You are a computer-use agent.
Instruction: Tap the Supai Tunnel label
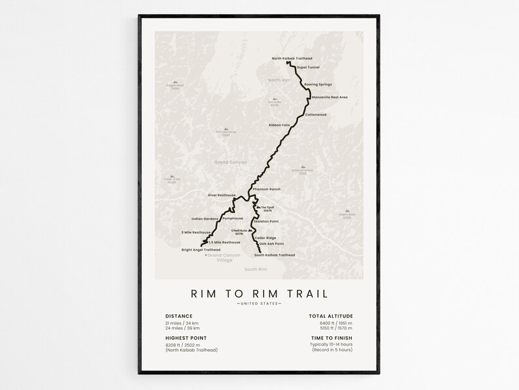click(308, 67)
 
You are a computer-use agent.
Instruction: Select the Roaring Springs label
click(318, 84)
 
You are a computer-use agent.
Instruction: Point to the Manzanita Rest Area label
click(329, 97)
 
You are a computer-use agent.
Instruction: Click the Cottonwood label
click(315, 115)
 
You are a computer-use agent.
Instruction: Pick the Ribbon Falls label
click(279, 125)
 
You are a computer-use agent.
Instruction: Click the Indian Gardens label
click(205, 219)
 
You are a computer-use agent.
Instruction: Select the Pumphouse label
click(232, 219)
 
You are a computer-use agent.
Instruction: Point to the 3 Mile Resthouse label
click(196, 232)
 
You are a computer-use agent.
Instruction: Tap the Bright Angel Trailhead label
click(201, 250)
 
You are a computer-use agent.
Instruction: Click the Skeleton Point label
click(275, 221)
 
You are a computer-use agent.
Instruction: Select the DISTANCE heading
click(179, 316)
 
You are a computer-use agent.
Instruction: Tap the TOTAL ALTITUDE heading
click(331, 316)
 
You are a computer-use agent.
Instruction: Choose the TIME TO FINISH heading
click(331, 338)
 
